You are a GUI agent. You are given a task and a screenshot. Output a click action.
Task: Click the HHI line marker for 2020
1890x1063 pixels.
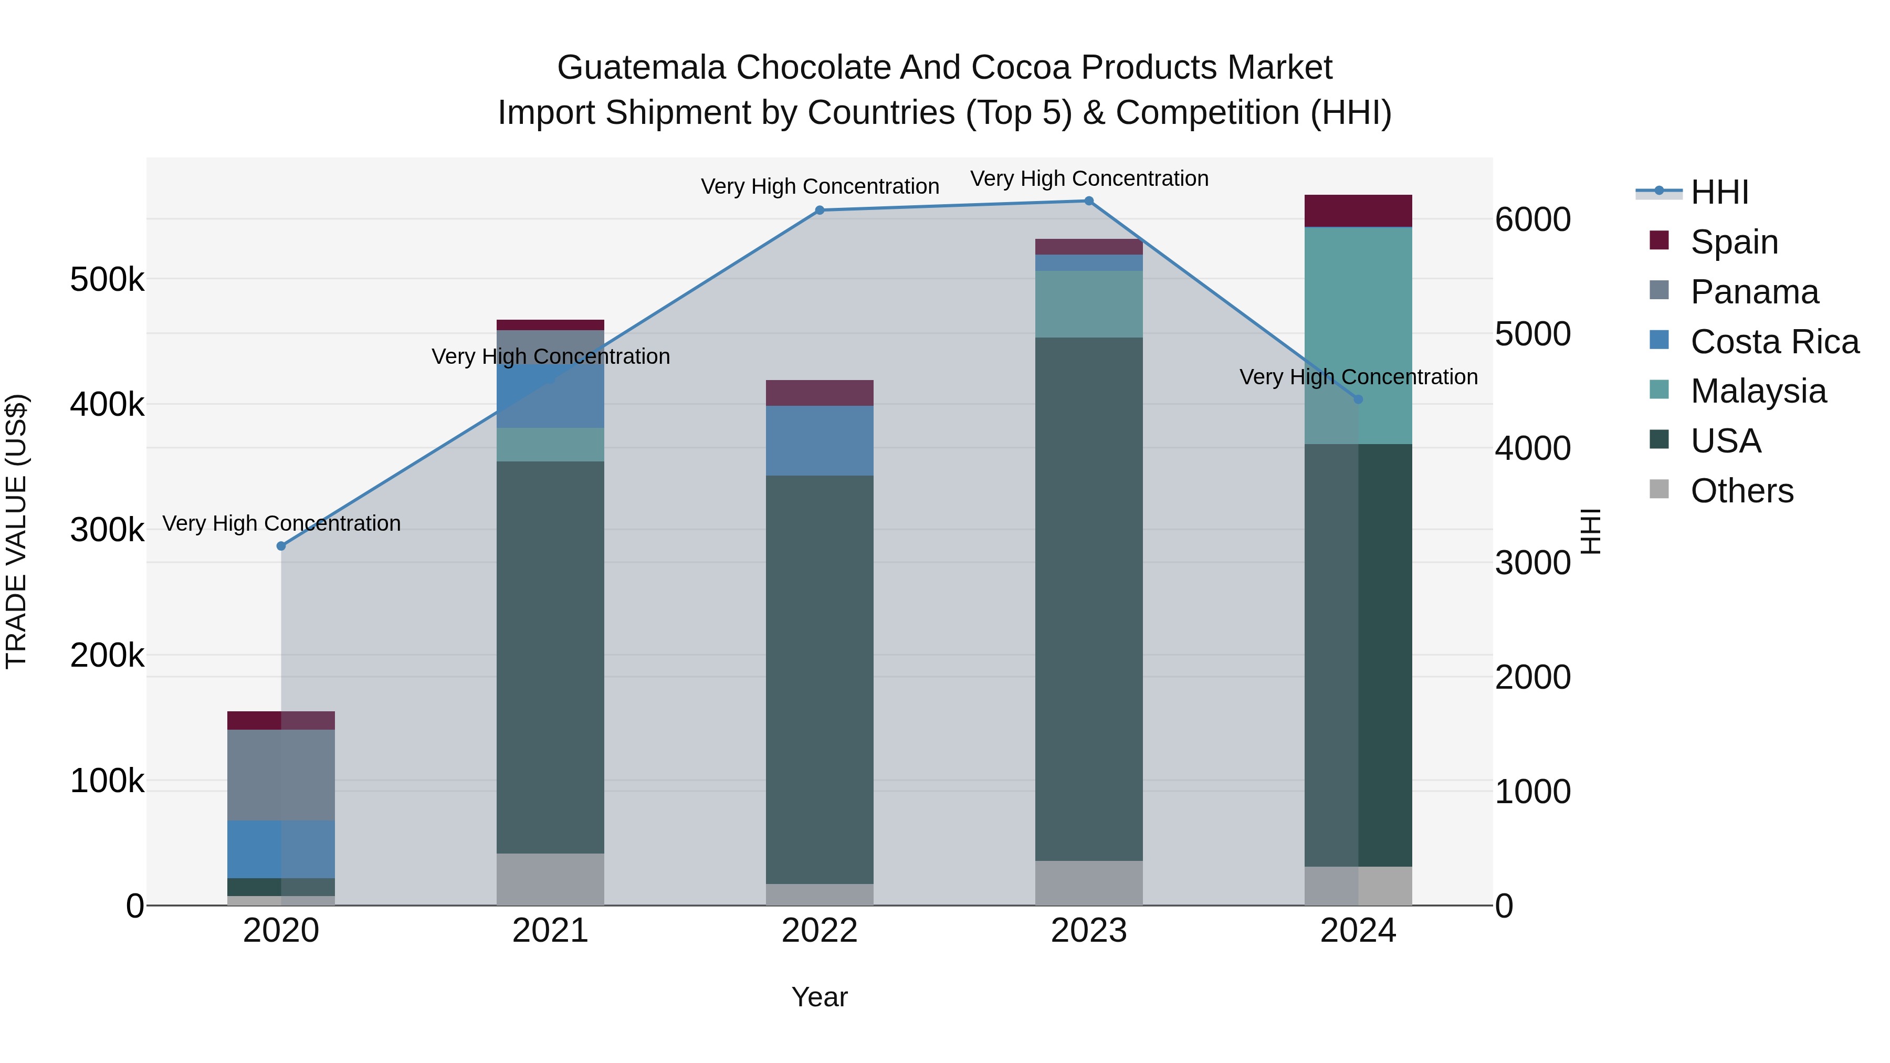tap(281, 546)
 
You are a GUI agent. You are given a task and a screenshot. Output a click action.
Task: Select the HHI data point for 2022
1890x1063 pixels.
tap(820, 211)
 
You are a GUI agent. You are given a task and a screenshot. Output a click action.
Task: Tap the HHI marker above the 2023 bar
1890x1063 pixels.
tap(1089, 201)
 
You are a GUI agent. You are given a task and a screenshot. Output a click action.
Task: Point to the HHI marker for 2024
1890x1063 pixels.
tap(1358, 399)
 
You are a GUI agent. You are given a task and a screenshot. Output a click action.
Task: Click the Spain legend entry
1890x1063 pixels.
tap(1734, 242)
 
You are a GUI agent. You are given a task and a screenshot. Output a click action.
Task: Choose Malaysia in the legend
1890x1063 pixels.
tap(1758, 391)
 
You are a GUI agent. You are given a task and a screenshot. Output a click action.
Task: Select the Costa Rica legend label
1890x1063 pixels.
tap(1774, 342)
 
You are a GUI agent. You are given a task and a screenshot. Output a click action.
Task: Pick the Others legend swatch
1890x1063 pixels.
tap(1659, 489)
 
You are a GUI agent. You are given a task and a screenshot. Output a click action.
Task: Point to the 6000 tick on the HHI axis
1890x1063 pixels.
tap(1532, 220)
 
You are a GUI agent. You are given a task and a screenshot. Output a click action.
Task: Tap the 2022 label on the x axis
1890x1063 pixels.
tap(820, 931)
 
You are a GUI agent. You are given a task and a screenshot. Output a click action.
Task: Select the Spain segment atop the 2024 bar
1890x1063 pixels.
tap(1358, 211)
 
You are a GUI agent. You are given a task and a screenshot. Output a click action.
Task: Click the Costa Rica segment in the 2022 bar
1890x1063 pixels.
tap(820, 440)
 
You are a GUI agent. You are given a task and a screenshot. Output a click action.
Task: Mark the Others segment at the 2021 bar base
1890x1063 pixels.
tap(550, 879)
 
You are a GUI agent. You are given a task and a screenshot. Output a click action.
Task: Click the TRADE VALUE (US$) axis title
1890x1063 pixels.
tap(16, 531)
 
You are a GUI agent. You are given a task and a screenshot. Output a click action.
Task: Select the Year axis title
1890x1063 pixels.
tap(820, 997)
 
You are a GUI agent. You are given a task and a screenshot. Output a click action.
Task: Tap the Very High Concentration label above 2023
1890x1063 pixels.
tap(1089, 178)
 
